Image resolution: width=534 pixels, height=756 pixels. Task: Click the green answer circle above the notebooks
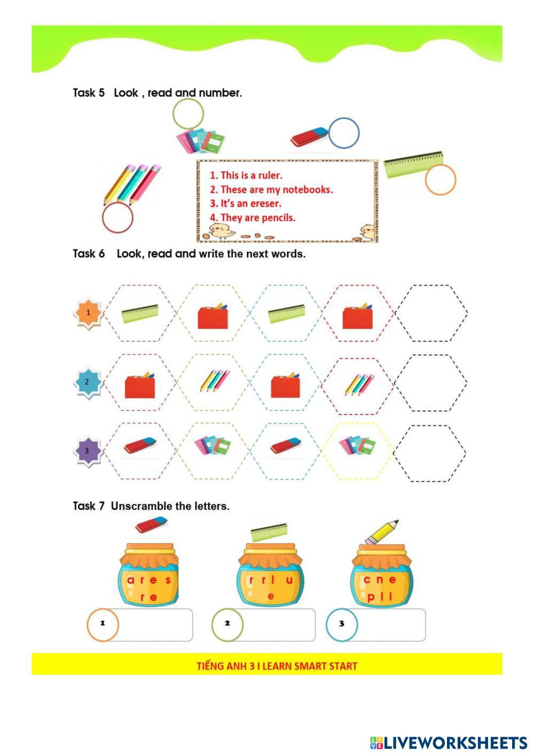coord(173,113)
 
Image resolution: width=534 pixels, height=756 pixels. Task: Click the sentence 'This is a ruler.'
coord(246,175)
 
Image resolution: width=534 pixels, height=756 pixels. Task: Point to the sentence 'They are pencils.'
coord(253,218)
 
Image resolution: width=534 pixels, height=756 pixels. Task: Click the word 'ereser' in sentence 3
coord(265,204)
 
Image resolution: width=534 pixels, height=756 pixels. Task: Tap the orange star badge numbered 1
coord(88,313)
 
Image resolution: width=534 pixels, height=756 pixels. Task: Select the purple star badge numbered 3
coord(88,451)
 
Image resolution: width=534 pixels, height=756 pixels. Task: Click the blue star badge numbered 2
coord(88,382)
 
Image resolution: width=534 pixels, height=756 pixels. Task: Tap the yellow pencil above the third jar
coord(382,532)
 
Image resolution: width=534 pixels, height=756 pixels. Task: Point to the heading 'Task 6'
coord(89,254)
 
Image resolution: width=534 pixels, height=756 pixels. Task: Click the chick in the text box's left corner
coord(222,231)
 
